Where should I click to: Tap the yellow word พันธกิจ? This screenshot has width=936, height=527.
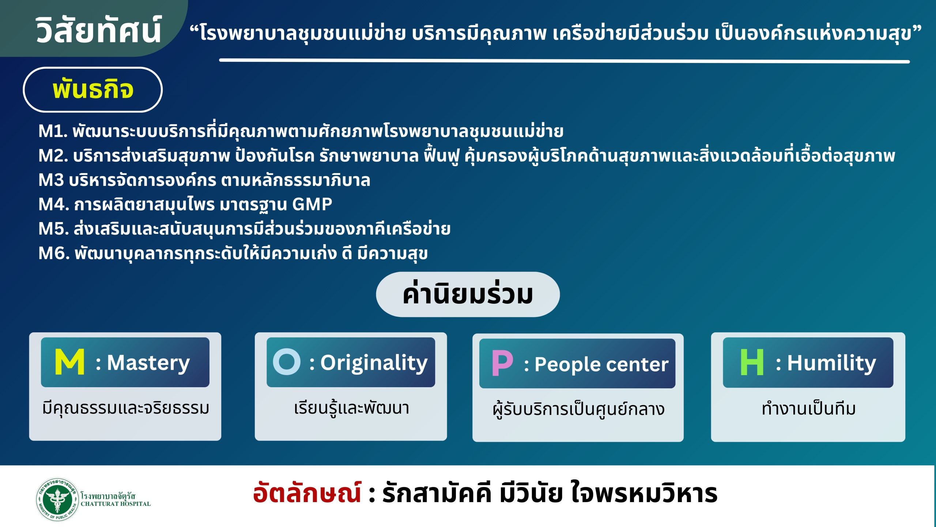point(93,89)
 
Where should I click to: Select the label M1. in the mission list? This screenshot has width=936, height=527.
point(53,131)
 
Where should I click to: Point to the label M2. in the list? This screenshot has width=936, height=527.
point(53,156)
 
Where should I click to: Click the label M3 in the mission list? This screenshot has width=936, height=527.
point(51,180)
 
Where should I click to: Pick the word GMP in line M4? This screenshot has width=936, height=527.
point(312,204)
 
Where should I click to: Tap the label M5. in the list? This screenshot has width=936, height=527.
point(54,229)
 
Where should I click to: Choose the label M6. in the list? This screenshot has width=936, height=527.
point(54,253)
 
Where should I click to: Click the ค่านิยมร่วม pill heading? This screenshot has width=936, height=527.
point(468,294)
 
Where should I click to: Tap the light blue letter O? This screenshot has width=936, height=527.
point(287,362)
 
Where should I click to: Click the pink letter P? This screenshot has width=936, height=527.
point(502,363)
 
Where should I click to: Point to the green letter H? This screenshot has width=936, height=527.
point(752,362)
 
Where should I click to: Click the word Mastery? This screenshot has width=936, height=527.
point(148,363)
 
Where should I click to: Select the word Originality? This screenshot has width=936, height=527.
point(374,363)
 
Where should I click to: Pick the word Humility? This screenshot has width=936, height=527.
point(831,363)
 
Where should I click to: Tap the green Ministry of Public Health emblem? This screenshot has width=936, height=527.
point(57,499)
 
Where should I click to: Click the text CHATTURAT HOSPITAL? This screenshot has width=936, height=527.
point(116,504)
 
